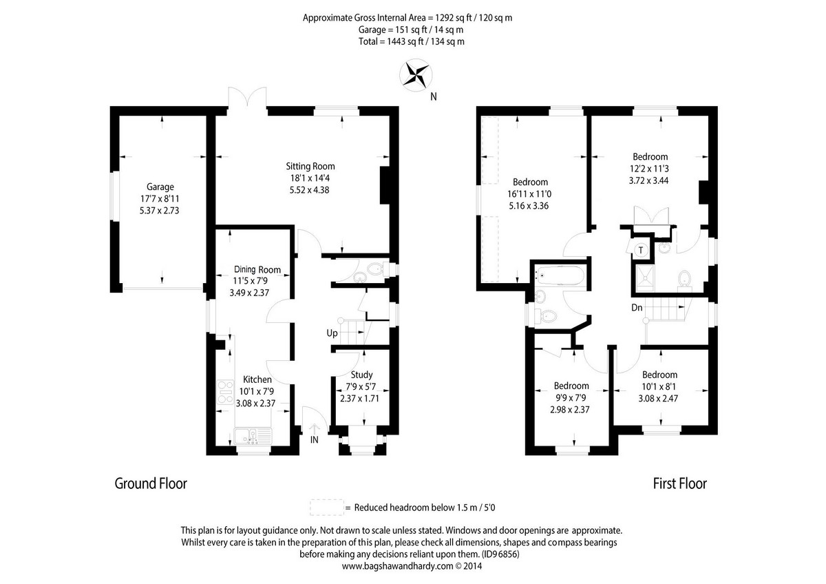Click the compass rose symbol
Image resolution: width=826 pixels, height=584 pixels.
click(416, 75)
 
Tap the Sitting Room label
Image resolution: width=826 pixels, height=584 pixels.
click(310, 166)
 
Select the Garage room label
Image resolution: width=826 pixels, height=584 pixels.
click(160, 187)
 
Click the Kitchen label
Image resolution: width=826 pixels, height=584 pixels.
click(257, 379)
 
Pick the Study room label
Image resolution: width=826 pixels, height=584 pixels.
click(361, 375)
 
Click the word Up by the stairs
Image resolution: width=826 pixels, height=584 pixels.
click(332, 333)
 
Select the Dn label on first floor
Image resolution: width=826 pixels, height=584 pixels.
click(637, 308)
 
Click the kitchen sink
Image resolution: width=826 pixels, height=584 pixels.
click(251, 436)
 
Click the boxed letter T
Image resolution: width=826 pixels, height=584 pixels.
click(641, 249)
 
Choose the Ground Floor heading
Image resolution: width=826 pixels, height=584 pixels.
click(150, 484)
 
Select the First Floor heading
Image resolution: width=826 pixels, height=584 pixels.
click(679, 484)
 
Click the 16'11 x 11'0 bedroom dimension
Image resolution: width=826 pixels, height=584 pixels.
click(528, 194)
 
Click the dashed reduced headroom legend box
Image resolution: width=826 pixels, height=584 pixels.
click(326, 508)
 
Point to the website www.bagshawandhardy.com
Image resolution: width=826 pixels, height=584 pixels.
click(397, 567)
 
